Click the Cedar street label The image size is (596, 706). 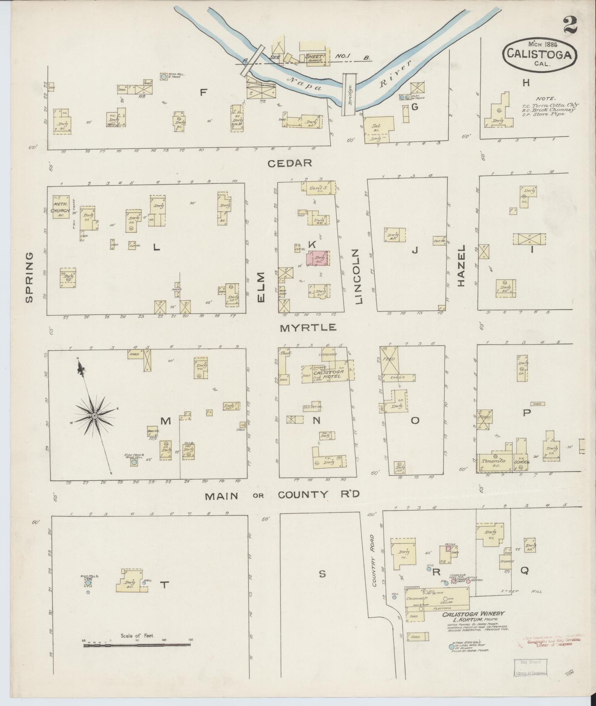pos(290,163)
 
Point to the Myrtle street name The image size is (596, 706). pos(308,327)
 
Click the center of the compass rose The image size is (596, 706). pos(95,416)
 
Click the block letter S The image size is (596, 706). pos(322,574)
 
